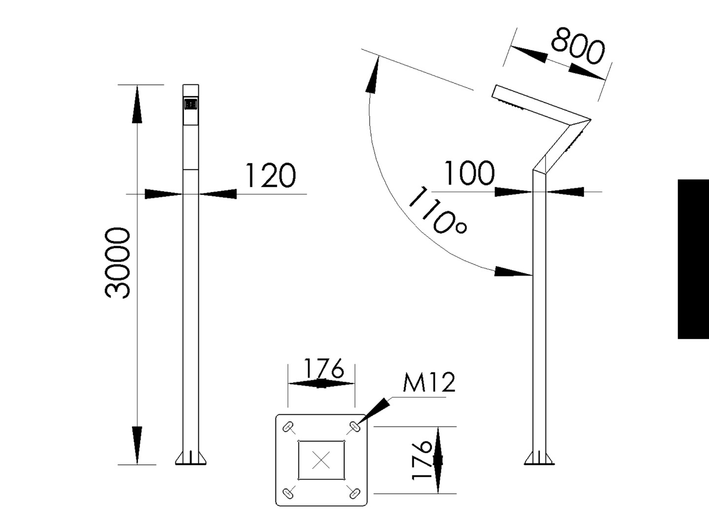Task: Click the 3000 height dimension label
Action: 118,263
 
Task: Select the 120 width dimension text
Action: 270,176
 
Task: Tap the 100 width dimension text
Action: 469,173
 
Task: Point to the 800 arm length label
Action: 578,47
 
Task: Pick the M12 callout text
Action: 429,382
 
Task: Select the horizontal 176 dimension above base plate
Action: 323,368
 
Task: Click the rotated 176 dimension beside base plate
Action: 422,460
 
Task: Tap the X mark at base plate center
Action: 321,461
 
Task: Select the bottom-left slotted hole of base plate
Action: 289,493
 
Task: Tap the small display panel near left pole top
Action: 191,104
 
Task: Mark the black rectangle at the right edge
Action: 693,259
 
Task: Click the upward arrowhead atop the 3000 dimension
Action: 137,103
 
